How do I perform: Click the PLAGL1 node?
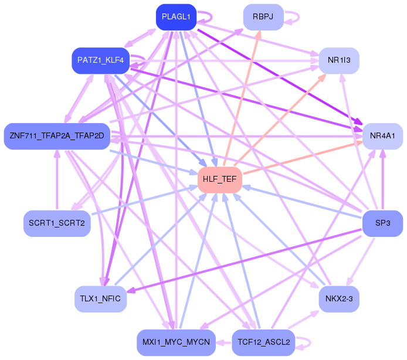pyautogui.click(x=176, y=17)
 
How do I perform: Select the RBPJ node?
pyautogui.click(x=263, y=17)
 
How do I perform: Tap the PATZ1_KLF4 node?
pyautogui.click(x=100, y=60)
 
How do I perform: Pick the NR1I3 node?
pyautogui.click(x=339, y=60)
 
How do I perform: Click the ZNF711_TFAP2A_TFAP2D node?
pyautogui.click(x=57, y=136)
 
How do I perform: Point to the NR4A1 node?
pyautogui.click(x=382, y=136)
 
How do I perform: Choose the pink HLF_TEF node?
pyautogui.click(x=220, y=179)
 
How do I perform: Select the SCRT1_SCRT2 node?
pyautogui.click(x=57, y=223)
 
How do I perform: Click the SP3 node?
pyautogui.click(x=382, y=223)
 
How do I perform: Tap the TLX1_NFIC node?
pyautogui.click(x=100, y=299)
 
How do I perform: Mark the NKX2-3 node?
pyautogui.click(x=339, y=299)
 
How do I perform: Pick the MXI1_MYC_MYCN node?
pyautogui.click(x=176, y=342)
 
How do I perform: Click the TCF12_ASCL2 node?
pyautogui.click(x=263, y=342)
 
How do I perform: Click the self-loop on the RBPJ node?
pyautogui.click(x=299, y=17)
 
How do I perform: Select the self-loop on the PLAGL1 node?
pyautogui.click(x=212, y=17)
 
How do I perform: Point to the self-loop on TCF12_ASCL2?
pyautogui.click(x=310, y=342)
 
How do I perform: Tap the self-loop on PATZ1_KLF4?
pyautogui.click(x=145, y=60)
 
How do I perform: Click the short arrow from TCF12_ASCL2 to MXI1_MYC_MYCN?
pyautogui.click(x=224, y=342)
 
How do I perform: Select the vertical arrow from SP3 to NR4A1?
pyautogui.click(x=382, y=180)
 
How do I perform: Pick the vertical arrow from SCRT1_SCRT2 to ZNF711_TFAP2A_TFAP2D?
pyautogui.click(x=57, y=180)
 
